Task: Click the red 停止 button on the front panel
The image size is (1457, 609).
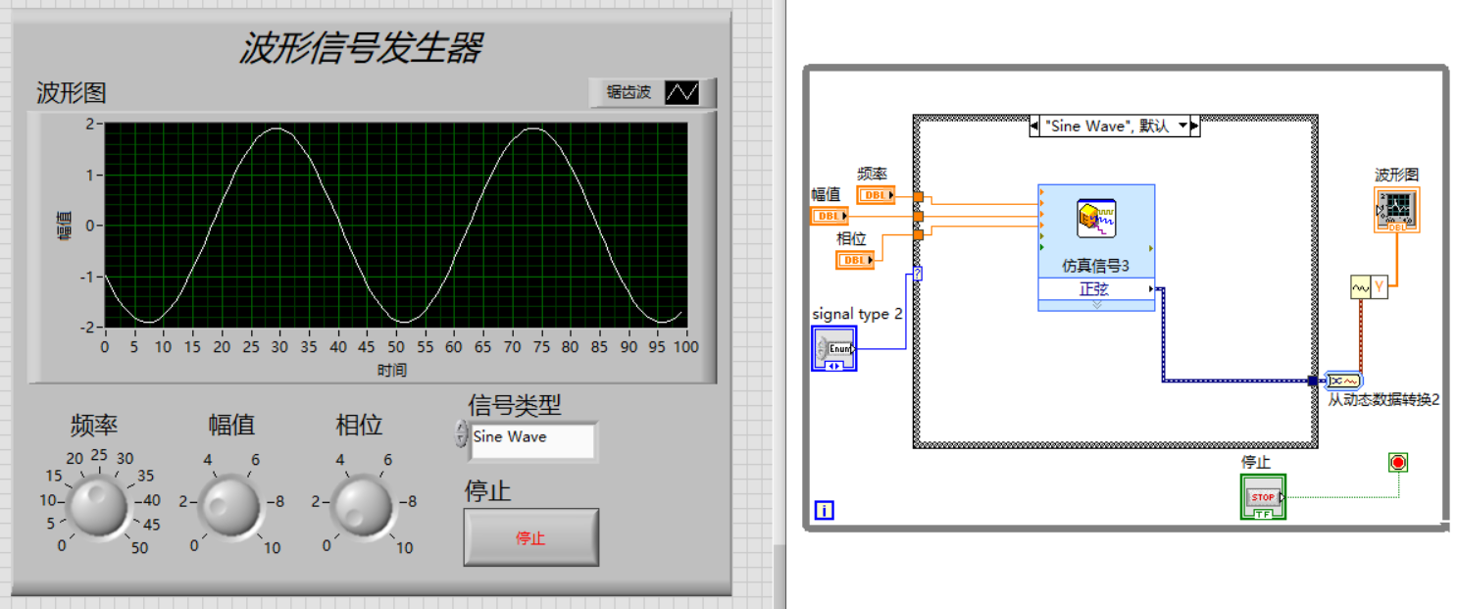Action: [x=530, y=537]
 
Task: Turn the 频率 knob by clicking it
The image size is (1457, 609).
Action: [x=97, y=504]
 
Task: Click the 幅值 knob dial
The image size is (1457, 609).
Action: [x=230, y=505]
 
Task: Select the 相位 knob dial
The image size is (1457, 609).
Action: [x=364, y=505]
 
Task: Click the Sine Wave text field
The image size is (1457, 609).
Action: [x=531, y=437]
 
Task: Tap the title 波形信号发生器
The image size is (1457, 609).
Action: [x=360, y=47]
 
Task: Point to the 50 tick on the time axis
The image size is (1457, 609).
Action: [x=395, y=347]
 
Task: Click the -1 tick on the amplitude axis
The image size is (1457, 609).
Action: [x=90, y=277]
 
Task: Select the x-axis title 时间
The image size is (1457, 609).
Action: [x=391, y=370]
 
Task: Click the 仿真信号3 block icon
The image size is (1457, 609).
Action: [x=1096, y=218]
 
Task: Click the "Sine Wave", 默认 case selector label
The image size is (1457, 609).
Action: [x=1107, y=126]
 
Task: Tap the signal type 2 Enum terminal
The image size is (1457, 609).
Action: [x=834, y=349]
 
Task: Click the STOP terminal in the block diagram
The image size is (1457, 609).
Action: [x=1263, y=496]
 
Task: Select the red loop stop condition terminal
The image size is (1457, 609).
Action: [x=1398, y=462]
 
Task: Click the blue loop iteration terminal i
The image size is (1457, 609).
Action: [x=824, y=510]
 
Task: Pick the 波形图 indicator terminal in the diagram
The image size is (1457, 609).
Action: [x=1396, y=209]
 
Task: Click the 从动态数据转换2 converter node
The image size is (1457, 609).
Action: [x=1342, y=381]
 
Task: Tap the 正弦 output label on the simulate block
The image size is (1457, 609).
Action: [x=1095, y=289]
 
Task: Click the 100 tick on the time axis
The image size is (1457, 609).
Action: [x=685, y=347]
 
